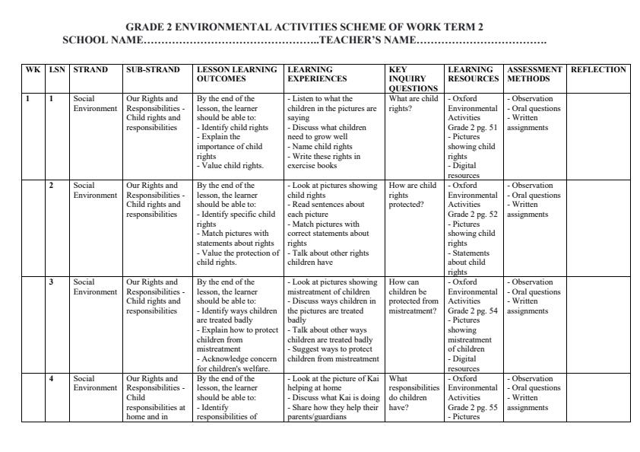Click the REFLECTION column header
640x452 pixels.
click(598, 70)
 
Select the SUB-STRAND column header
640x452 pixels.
click(153, 70)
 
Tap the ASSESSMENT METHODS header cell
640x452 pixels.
click(534, 74)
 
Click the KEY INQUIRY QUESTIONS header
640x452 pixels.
click(407, 78)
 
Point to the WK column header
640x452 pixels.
click(33, 70)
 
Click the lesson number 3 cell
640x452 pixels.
click(52, 282)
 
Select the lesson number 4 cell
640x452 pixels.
click(52, 379)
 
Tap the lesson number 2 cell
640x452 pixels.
click(52, 186)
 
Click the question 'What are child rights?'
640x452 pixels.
click(413, 103)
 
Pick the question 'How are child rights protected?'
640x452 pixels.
click(413, 195)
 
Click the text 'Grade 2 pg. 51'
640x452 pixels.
click(473, 128)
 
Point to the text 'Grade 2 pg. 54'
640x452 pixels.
click(473, 311)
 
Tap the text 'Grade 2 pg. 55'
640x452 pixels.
click(473, 408)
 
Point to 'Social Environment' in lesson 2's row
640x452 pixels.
click(95, 190)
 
